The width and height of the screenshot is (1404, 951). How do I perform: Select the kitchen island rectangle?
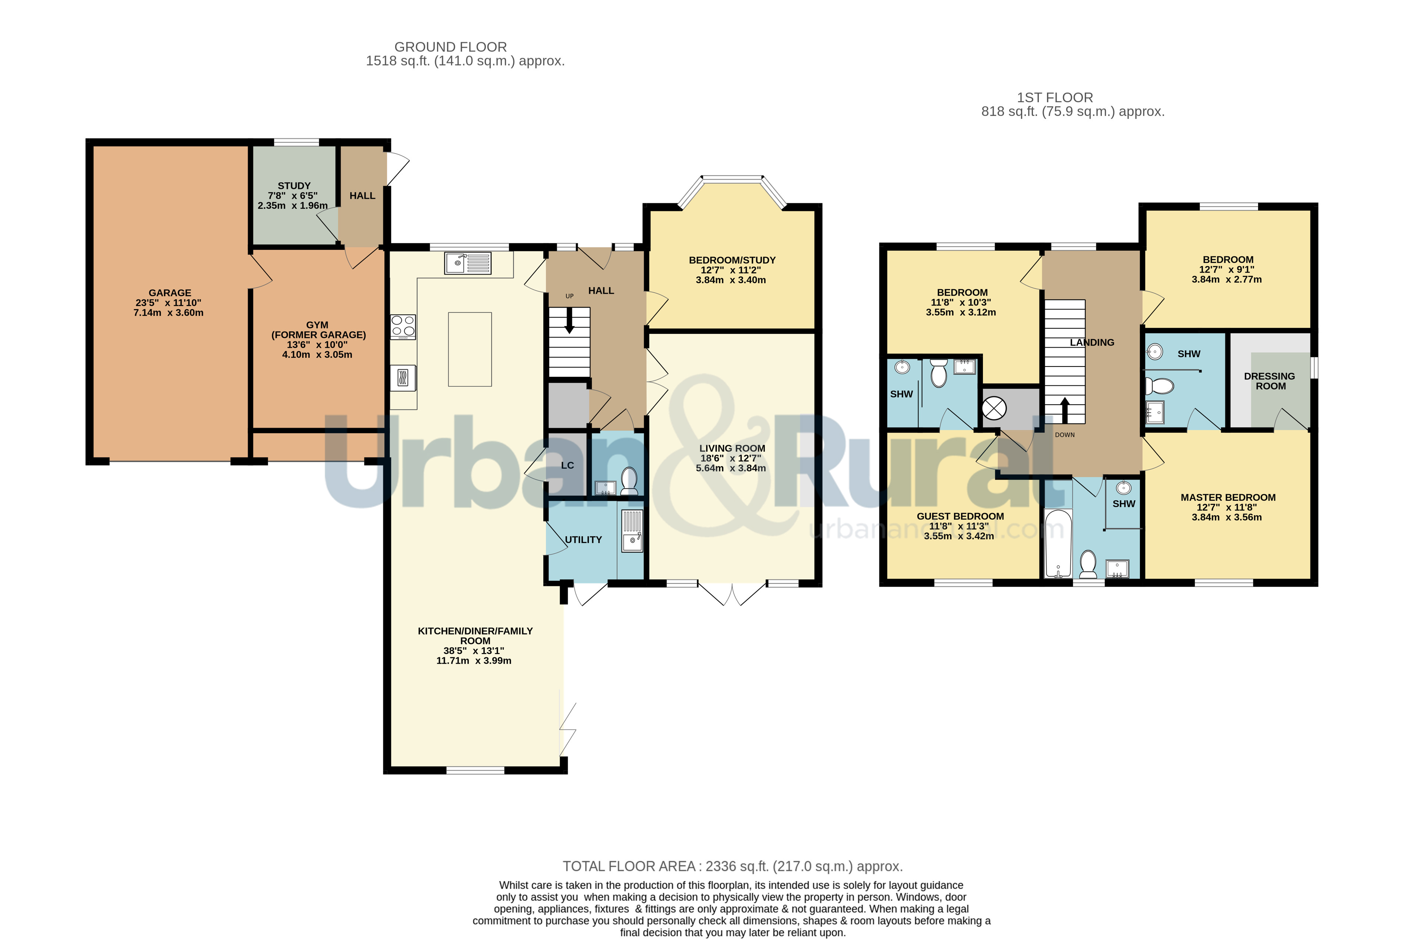point(469,349)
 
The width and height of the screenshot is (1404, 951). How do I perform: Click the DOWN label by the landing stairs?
point(1064,435)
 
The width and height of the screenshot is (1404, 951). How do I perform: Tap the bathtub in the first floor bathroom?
point(1058,543)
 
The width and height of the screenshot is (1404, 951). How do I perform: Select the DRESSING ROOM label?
point(1269,381)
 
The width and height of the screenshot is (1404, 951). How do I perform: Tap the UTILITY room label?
point(583,540)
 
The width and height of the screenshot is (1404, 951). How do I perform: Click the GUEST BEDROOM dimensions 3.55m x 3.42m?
point(959,536)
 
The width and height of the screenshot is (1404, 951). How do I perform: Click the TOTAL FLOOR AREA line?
point(732,867)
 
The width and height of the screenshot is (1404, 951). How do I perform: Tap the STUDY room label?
point(294,186)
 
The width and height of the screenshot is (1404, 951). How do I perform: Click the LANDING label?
point(1092,342)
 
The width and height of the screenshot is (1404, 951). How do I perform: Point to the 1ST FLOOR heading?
point(1055,97)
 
